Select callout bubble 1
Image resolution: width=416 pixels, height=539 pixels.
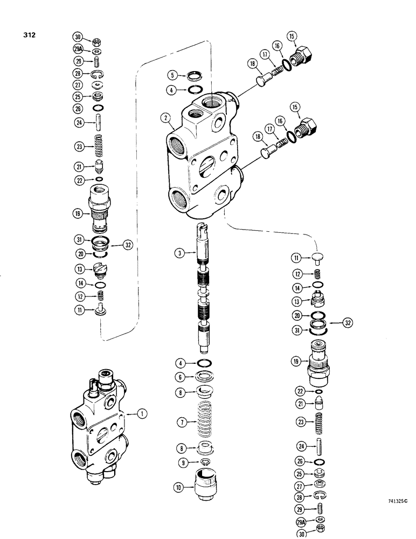[141, 414]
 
